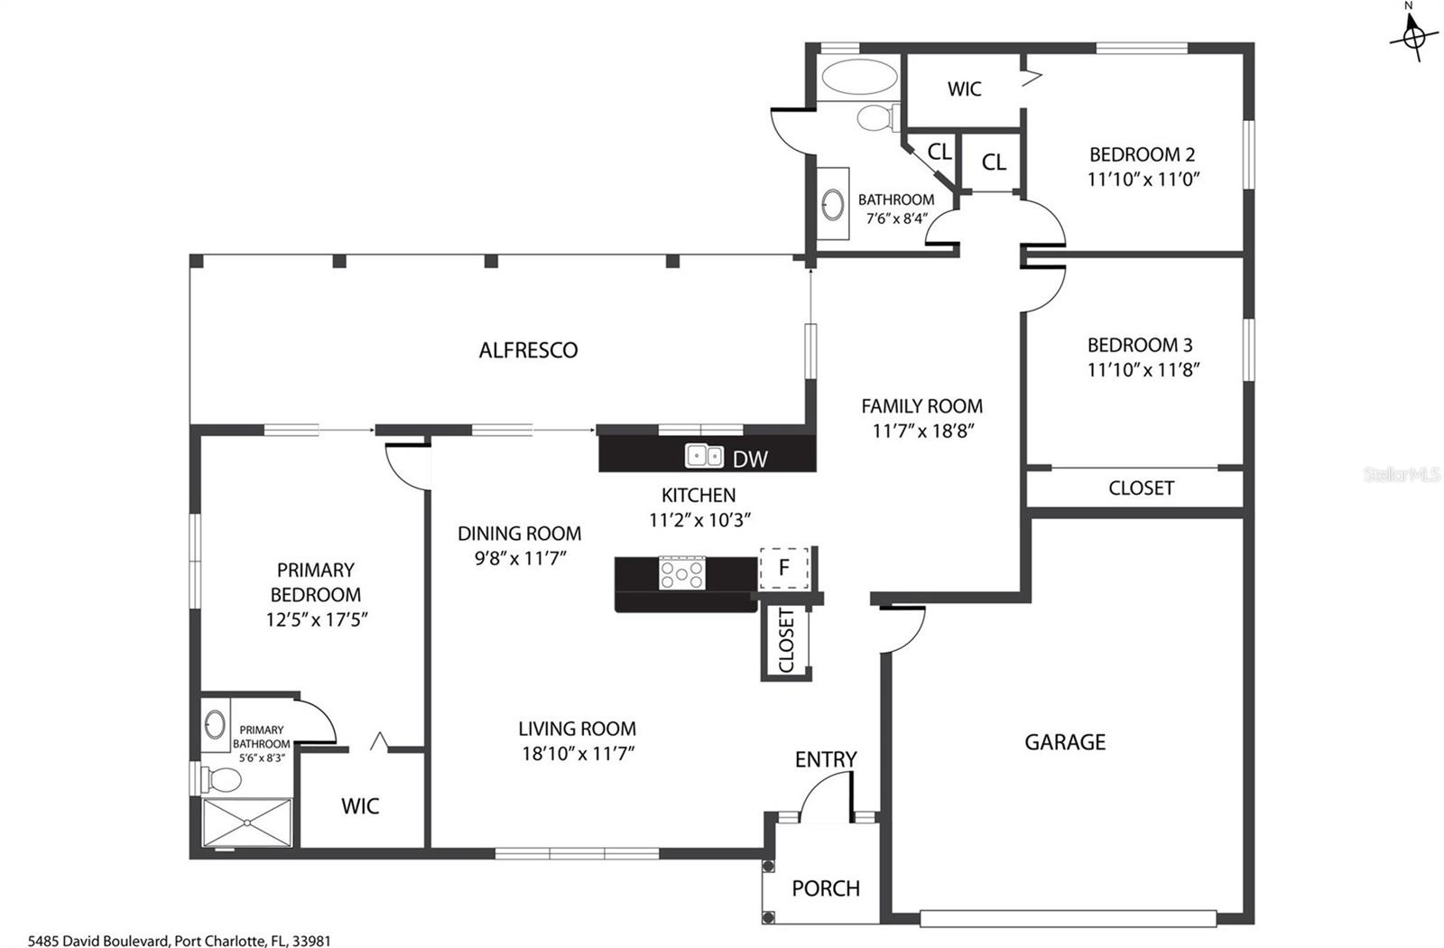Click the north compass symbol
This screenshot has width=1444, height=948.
[x=1413, y=37]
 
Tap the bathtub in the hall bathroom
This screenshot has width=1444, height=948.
[x=860, y=77]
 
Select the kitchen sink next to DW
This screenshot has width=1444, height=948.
[x=704, y=456]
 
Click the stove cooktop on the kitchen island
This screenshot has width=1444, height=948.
[x=682, y=572]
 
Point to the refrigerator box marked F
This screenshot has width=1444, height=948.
[x=784, y=568]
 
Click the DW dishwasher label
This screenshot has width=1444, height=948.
[x=750, y=460]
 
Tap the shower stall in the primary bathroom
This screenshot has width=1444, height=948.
[x=247, y=823]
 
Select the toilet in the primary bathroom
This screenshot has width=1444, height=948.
[x=219, y=779]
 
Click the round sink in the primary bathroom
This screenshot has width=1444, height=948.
[x=215, y=724]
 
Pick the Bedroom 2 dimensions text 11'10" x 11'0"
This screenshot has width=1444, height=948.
[x=1143, y=180]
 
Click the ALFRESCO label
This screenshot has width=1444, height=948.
[x=528, y=350]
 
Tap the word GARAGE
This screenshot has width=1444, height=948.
[x=1065, y=742]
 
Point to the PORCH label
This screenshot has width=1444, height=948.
[x=826, y=888]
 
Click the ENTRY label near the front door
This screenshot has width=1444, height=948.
[x=826, y=759]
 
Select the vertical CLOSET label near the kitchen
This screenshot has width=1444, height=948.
[x=786, y=640]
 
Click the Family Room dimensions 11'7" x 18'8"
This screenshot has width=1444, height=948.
[x=922, y=431]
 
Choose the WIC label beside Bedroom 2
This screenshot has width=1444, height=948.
[x=965, y=89]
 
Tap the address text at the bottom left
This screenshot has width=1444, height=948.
[x=180, y=941]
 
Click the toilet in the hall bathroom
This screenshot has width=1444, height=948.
[x=876, y=118]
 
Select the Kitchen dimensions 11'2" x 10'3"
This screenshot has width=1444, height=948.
[x=699, y=520]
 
